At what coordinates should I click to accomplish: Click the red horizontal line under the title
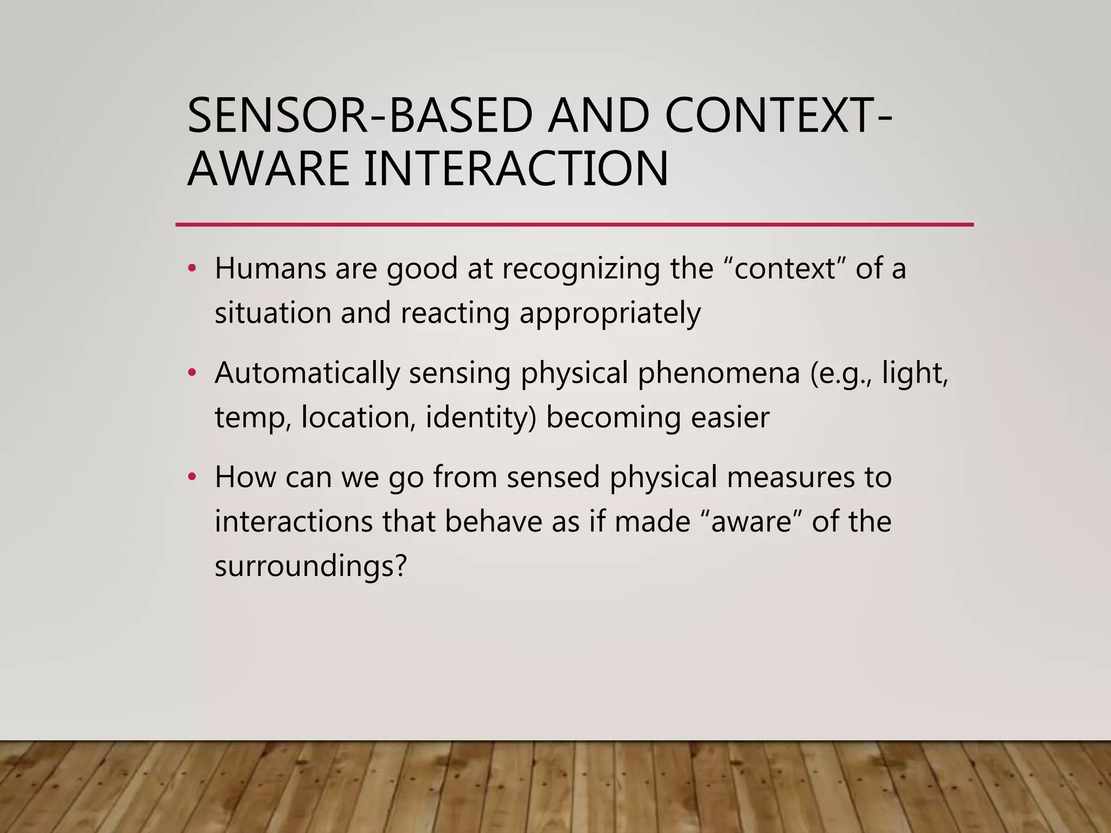(x=574, y=224)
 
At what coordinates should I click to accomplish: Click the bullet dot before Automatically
(x=191, y=373)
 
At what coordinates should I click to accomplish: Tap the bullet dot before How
(x=191, y=477)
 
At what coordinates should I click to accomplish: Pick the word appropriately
(x=610, y=314)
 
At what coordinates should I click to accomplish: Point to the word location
(x=359, y=418)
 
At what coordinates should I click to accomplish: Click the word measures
(x=786, y=477)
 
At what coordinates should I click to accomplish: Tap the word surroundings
(x=310, y=566)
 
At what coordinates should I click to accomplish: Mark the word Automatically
(x=307, y=373)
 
